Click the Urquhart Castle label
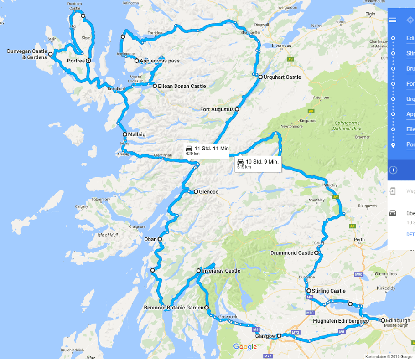coord(282,77)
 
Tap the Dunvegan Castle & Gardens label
coord(27,54)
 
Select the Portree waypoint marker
coord(88,60)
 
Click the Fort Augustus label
coord(217,109)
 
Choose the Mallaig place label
coord(137,134)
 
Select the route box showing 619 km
coord(258,164)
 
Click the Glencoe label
coord(208,192)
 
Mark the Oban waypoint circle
coord(160,239)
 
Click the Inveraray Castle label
coord(221,271)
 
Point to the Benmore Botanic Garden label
coord(174,308)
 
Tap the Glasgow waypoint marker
coord(279,336)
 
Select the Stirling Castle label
coord(328,291)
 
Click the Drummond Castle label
coord(292,253)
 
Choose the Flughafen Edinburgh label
coord(337,321)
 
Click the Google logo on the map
coord(245,347)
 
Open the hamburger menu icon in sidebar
coord(393,20)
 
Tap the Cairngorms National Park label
coord(348,126)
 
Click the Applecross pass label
coord(159,61)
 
